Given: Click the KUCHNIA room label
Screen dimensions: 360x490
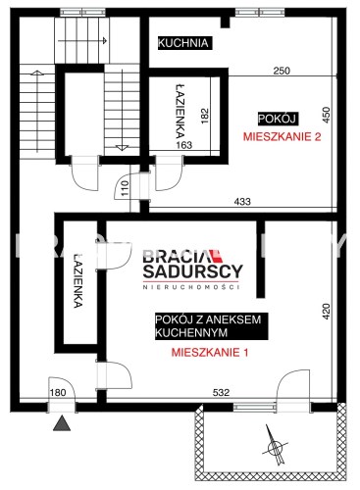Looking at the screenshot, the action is tap(183, 43).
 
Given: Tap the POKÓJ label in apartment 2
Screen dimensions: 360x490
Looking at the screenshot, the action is tap(277, 119).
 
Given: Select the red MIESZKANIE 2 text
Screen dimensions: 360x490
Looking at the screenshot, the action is tap(282, 136).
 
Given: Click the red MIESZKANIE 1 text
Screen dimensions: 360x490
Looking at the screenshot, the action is tap(210, 352).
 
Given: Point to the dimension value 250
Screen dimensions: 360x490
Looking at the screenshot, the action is tap(282, 71).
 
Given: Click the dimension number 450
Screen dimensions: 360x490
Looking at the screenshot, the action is tap(327, 115).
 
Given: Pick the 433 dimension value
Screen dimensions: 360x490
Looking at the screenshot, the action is tap(242, 202).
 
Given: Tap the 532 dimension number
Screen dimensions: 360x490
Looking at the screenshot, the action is tap(221, 392).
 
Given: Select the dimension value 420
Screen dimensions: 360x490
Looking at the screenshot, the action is tap(326, 312).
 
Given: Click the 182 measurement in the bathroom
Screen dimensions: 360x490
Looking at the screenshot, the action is tap(205, 116).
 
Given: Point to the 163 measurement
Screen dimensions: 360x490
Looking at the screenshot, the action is tap(184, 145).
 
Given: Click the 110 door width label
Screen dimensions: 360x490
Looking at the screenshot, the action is tap(125, 188).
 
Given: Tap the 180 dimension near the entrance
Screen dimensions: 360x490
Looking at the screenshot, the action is tap(58, 392).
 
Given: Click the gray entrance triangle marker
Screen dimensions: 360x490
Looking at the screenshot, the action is tap(62, 424).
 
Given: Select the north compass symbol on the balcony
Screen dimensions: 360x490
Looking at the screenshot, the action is tap(275, 445).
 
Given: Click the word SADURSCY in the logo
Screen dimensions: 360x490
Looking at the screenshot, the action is tap(193, 270).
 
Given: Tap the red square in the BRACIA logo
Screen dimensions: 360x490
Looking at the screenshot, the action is tap(216, 256).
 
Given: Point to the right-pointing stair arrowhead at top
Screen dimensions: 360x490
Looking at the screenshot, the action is tap(105, 40).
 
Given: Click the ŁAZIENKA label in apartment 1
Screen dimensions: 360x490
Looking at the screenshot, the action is tap(77, 281).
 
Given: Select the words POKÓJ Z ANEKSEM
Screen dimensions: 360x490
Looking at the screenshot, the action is tap(208, 319).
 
